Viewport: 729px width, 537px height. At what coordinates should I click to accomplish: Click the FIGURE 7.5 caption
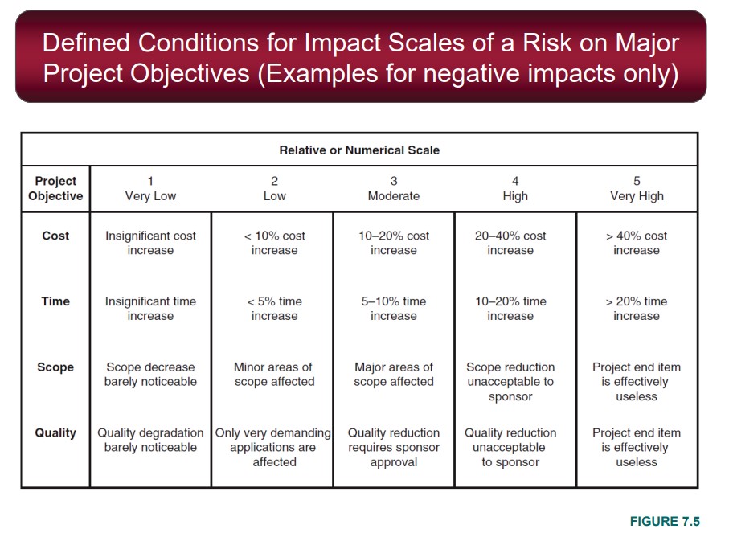[x=665, y=522]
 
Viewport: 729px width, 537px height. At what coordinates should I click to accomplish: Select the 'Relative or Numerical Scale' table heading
[x=359, y=150]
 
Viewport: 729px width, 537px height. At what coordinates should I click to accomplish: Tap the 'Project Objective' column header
[x=55, y=189]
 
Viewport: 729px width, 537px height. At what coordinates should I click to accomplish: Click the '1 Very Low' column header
[x=150, y=189]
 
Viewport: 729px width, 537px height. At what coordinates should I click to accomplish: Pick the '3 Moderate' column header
[x=394, y=189]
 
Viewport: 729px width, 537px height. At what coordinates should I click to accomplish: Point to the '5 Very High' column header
[x=637, y=189]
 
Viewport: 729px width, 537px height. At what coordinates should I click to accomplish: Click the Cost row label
[x=55, y=236]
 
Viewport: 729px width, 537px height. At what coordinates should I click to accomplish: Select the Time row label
[x=55, y=301]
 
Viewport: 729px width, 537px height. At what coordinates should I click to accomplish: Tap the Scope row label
[x=55, y=367]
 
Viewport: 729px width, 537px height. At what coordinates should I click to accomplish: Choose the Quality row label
[x=55, y=432]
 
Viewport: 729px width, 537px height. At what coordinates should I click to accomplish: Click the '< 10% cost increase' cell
[x=275, y=243]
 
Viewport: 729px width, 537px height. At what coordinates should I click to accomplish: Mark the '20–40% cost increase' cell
[x=510, y=243]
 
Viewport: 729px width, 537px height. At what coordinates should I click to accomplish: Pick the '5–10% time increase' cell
[x=394, y=309]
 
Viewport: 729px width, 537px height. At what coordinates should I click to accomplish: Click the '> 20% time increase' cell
[x=637, y=309]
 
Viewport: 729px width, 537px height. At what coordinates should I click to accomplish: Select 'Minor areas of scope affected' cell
[x=274, y=375]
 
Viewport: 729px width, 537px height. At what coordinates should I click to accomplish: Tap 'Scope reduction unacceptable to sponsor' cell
[x=510, y=382]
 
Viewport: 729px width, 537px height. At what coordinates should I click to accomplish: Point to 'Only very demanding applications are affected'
[x=274, y=447]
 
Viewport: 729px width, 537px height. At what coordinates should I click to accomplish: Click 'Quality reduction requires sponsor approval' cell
[x=394, y=447]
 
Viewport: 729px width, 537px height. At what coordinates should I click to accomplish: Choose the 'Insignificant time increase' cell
[x=150, y=309]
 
